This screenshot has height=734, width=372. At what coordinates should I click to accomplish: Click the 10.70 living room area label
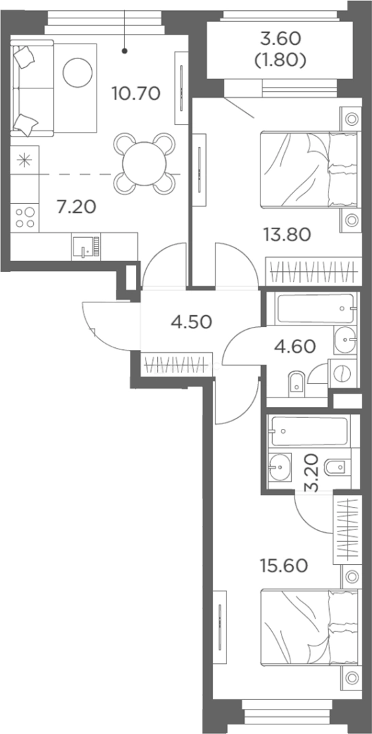click(136, 94)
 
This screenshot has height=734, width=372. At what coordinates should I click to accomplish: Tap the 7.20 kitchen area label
click(76, 205)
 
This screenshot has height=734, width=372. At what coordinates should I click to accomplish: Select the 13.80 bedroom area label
click(287, 234)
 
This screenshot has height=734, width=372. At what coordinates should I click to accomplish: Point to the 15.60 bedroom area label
click(284, 565)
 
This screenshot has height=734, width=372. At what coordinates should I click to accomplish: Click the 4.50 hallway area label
click(192, 321)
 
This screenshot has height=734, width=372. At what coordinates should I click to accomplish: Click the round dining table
click(145, 164)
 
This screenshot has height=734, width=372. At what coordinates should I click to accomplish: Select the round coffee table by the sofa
click(78, 72)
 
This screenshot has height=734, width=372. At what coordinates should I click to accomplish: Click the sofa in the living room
click(32, 88)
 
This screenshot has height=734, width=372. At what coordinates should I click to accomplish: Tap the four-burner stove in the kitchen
click(25, 217)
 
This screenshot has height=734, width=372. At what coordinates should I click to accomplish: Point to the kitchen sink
click(86, 247)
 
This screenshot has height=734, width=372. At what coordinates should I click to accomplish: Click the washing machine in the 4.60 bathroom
click(343, 374)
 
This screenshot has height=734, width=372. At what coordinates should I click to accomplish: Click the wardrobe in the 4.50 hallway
click(176, 363)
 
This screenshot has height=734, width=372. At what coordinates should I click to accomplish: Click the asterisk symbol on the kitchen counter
click(24, 160)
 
